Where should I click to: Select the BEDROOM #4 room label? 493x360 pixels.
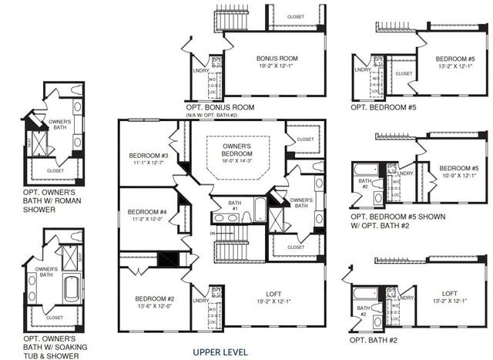pos(147,212)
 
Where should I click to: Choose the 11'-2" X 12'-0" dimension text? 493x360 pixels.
pos(147,220)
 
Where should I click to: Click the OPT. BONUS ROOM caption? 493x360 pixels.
pos(219,106)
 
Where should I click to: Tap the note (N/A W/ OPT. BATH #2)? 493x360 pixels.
pos(220,115)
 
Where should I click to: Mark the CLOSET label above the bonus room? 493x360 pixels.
pos(296,16)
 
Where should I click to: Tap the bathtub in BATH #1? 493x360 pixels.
pos(260,208)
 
